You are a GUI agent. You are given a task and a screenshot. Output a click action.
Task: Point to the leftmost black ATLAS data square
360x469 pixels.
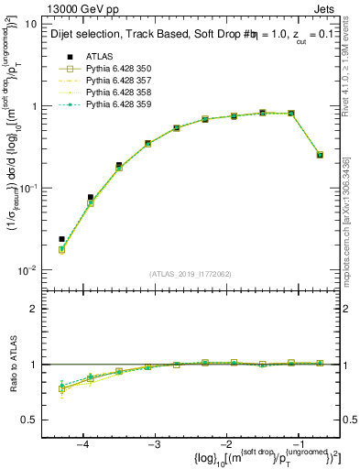[x=61, y=239]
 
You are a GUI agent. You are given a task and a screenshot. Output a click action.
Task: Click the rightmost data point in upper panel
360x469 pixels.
[x=320, y=155]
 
